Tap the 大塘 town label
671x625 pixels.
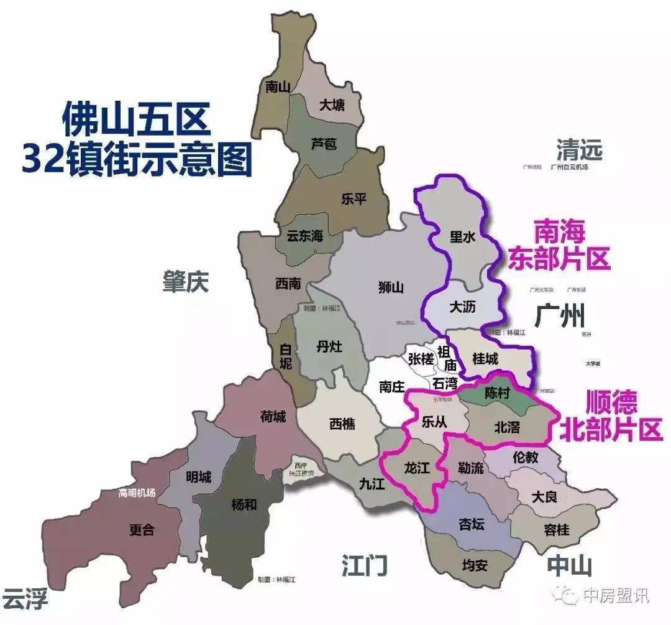[x=332, y=105]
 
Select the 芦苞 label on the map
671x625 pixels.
[x=323, y=144]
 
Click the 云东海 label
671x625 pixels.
[x=304, y=236]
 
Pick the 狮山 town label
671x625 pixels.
[x=391, y=287]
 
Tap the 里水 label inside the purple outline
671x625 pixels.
[x=462, y=237]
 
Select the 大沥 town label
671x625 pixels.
[x=462, y=307]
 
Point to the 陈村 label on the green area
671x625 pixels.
[x=498, y=394]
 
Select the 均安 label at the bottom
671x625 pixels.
[x=475, y=566]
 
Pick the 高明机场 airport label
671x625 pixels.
[x=137, y=493]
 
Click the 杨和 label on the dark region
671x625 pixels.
[x=243, y=504]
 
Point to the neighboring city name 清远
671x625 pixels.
[x=579, y=150]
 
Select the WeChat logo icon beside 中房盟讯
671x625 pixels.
[x=567, y=596]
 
